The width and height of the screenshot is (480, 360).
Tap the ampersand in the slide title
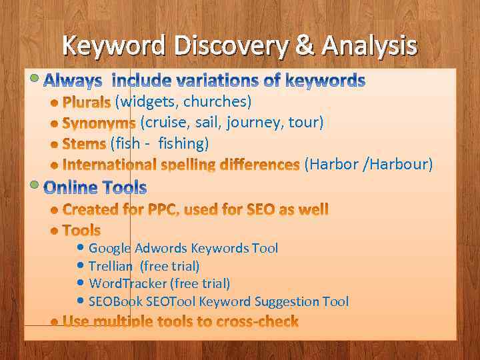303,46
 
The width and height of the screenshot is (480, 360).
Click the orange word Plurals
86,103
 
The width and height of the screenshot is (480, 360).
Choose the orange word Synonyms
99,123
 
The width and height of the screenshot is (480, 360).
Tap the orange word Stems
84,144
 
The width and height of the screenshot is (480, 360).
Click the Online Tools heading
95,187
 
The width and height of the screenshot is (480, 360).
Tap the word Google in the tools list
110,249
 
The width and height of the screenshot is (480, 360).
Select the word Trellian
111,266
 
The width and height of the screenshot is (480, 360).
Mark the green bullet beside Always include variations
35,77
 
